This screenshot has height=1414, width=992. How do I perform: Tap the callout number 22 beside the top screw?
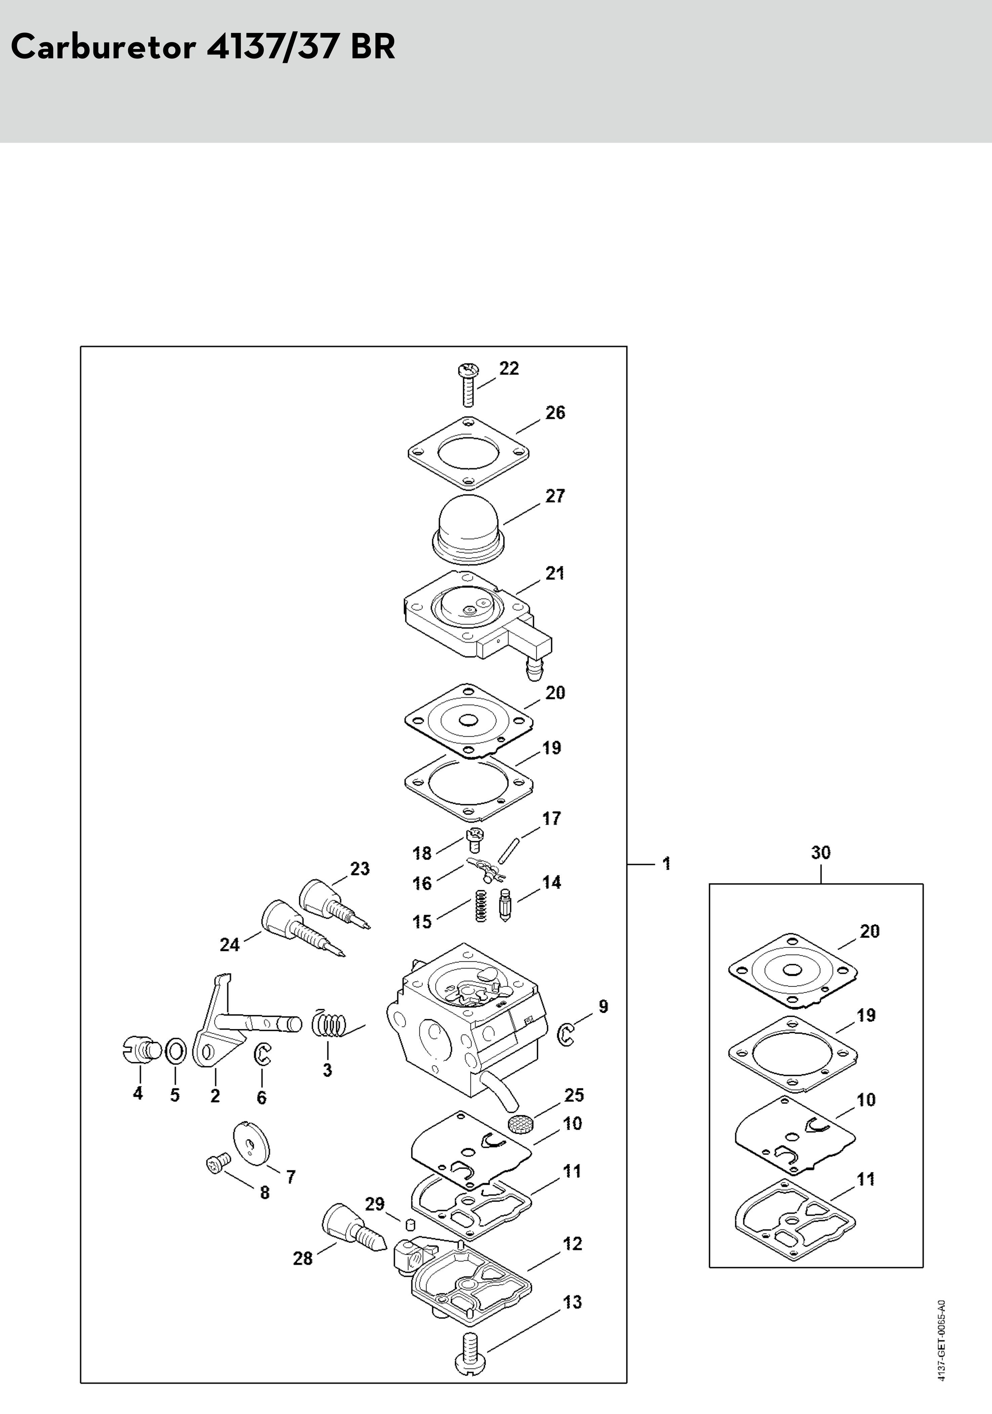point(509,368)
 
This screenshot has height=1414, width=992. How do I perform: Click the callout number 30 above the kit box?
point(820,852)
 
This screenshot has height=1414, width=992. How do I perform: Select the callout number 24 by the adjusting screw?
point(229,944)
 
